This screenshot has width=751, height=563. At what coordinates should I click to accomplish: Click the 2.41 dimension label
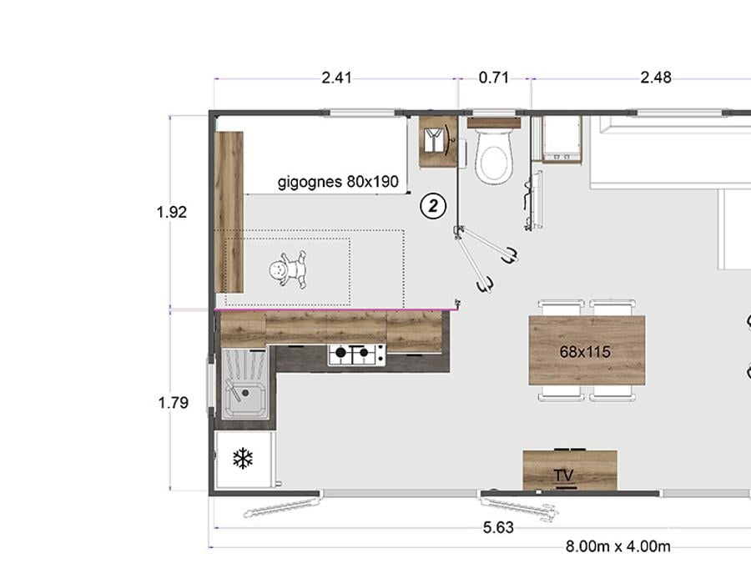pyautogui.click(x=336, y=78)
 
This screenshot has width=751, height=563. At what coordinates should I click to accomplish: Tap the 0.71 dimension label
pyautogui.click(x=493, y=78)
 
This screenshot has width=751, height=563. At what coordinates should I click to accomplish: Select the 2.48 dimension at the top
pyautogui.click(x=656, y=78)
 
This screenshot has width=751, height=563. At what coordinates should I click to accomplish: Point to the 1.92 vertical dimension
pyautogui.click(x=171, y=212)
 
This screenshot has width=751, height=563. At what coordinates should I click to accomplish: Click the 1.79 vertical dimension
pyautogui.click(x=173, y=403)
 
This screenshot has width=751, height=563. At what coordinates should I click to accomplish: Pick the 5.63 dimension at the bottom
pyautogui.click(x=498, y=528)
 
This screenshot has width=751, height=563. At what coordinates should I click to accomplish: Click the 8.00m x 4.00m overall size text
pyautogui.click(x=617, y=546)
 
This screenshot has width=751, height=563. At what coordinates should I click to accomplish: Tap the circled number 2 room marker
pyautogui.click(x=433, y=206)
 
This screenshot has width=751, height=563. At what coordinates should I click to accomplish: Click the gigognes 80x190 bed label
pyautogui.click(x=338, y=182)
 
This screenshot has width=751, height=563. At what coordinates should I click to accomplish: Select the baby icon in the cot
pyautogui.click(x=288, y=269)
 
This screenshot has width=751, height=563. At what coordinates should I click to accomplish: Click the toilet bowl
pyautogui.click(x=493, y=156)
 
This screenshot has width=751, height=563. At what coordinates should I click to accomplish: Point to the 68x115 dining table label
pyautogui.click(x=585, y=352)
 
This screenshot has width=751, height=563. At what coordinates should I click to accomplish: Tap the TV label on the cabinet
pyautogui.click(x=563, y=475)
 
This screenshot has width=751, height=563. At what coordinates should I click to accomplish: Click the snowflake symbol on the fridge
pyautogui.click(x=243, y=458)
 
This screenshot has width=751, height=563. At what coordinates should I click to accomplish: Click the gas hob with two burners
pyautogui.click(x=356, y=354)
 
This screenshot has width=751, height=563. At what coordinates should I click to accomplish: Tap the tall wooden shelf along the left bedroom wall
pyautogui.click(x=229, y=212)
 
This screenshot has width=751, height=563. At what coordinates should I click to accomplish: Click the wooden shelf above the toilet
pyautogui.click(x=494, y=123)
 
